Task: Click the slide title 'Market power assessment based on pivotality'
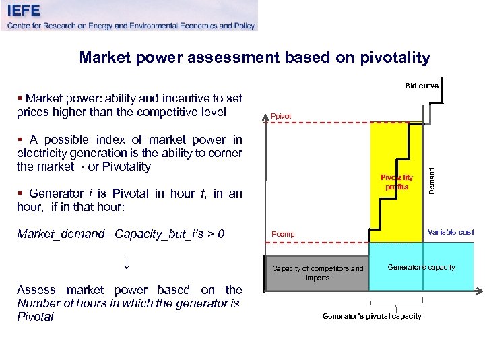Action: tap(254, 58)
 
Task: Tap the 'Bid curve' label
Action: tap(421, 86)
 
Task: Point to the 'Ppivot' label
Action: tap(281, 116)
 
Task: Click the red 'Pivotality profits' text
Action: tap(397, 182)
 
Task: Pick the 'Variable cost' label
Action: tap(451, 232)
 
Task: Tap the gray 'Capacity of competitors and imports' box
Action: tap(317, 273)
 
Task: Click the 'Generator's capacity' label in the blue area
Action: tap(421, 267)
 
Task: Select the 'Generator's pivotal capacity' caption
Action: tap(372, 316)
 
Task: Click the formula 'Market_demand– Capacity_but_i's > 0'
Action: tap(121, 235)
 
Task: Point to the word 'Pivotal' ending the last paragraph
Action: tap(35, 317)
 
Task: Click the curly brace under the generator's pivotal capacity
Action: tap(396, 302)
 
